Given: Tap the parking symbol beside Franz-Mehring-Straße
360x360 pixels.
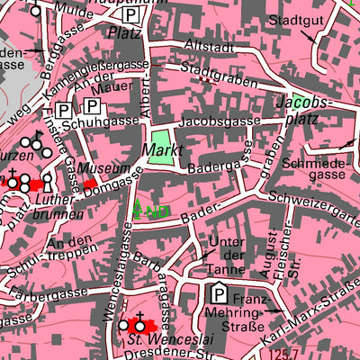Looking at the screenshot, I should coord(219,293).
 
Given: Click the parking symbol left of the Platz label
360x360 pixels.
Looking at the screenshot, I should coord(131,15).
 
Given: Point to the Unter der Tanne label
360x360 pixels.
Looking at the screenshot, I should coord(226,256).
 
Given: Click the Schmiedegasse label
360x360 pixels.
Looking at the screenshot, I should coord(311,171).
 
